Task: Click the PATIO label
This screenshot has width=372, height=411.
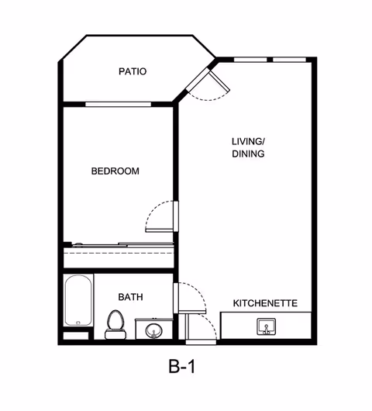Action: pyautogui.click(x=133, y=71)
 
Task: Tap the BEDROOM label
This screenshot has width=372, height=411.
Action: pyautogui.click(x=115, y=171)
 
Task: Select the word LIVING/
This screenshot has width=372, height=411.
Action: pyautogui.click(x=248, y=142)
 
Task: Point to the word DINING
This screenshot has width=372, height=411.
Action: pyautogui.click(x=248, y=154)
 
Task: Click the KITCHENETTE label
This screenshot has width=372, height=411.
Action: pyautogui.click(x=265, y=303)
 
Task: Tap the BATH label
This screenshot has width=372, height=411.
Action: pyautogui.click(x=130, y=297)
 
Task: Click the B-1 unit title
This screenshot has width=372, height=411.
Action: pyautogui.click(x=182, y=367)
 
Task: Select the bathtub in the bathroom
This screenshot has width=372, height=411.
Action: pyautogui.click(x=78, y=300)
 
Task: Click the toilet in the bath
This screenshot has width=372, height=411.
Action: pyautogui.click(x=115, y=324)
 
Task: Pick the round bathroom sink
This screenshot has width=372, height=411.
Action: pyautogui.click(x=153, y=330)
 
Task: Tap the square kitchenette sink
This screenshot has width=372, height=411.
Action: pyautogui.click(x=266, y=326)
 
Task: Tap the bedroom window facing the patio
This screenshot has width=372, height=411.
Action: pyautogui.click(x=118, y=105)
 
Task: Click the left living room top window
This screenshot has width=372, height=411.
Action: pyautogui.click(x=250, y=60)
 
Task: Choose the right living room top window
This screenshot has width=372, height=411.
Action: pyautogui.click(x=289, y=60)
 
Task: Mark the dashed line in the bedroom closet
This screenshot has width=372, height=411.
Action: pyautogui.click(x=119, y=254)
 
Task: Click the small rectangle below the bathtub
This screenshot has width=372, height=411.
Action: pyautogui.click(x=76, y=336)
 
